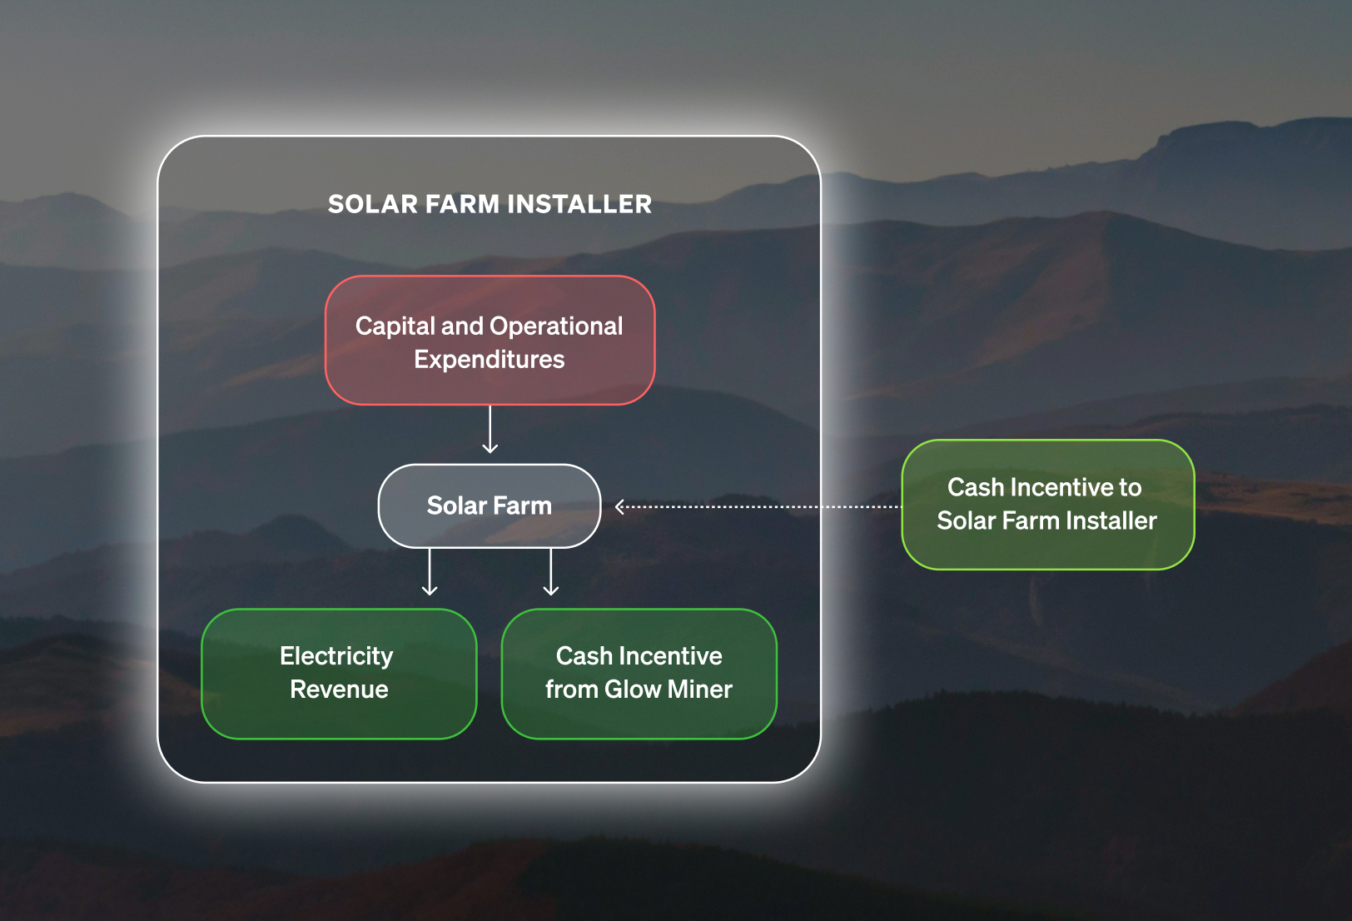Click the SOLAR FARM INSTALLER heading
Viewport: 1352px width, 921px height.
(490, 204)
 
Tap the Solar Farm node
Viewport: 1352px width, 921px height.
(490, 505)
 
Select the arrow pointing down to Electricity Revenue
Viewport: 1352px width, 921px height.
(430, 573)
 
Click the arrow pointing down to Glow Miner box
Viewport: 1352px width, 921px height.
(551, 573)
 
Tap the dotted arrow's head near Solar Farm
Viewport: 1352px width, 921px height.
(620, 506)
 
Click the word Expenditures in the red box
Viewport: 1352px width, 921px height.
(490, 360)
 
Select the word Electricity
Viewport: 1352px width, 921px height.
(336, 656)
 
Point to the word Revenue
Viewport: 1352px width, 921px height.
(339, 690)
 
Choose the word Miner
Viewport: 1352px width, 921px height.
(700, 690)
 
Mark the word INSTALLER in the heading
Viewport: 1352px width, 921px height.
(579, 204)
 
